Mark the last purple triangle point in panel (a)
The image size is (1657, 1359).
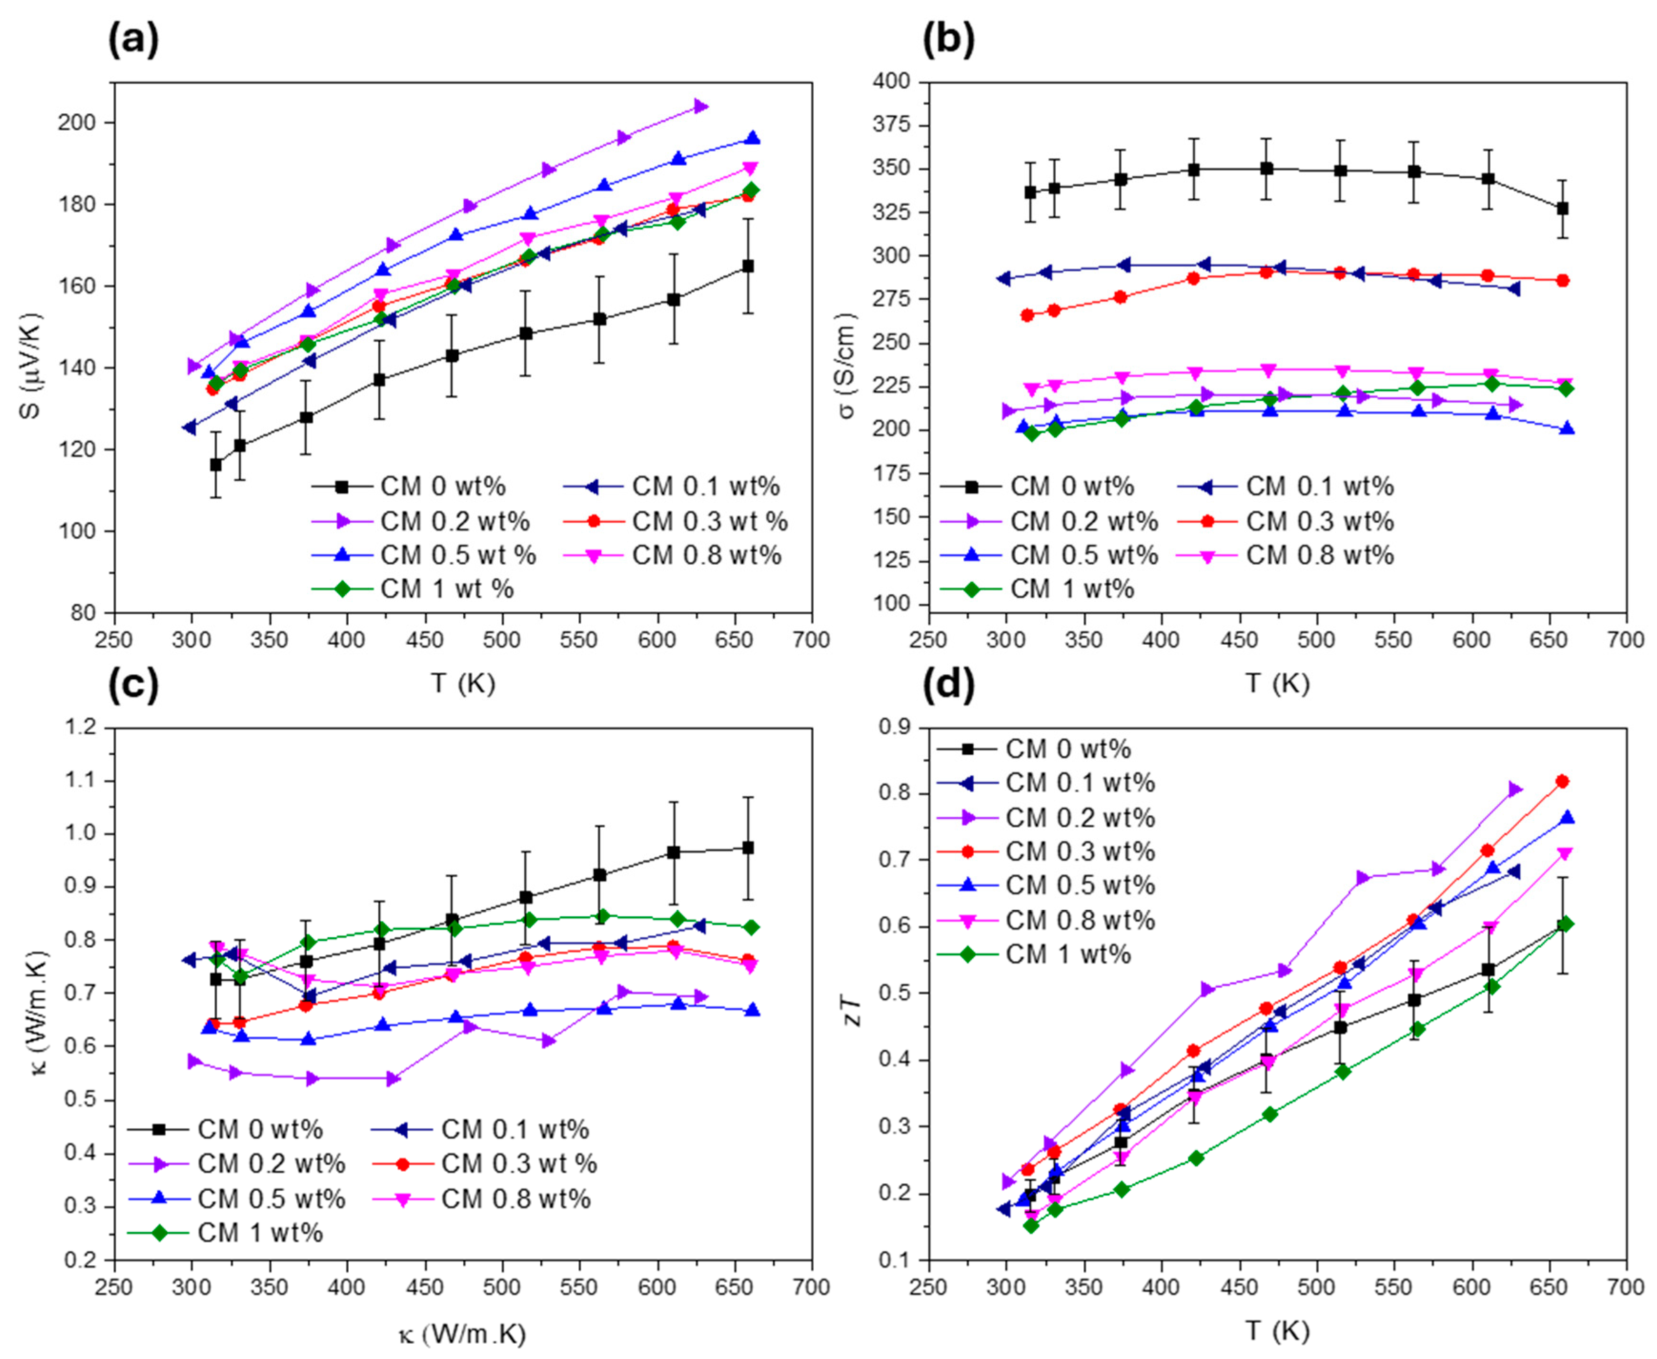(x=700, y=106)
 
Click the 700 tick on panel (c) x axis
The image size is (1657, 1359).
(x=811, y=1288)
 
